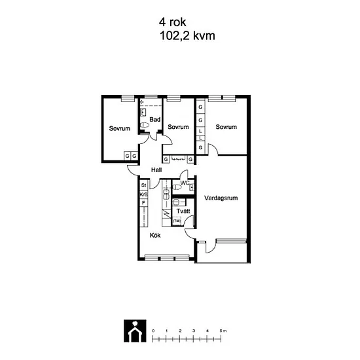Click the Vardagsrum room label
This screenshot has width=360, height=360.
coord(221,198)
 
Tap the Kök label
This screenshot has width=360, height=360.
coord(155,236)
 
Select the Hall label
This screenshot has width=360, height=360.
coord(156,170)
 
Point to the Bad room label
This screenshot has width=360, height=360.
coord(154,119)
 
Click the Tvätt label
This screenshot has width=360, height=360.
coord(183,211)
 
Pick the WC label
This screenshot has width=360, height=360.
coord(185,183)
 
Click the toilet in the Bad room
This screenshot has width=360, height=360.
coord(145,126)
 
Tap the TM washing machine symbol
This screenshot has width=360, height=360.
coord(177,221)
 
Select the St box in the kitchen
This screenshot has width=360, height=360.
coord(144,185)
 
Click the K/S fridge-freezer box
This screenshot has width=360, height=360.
coord(144,194)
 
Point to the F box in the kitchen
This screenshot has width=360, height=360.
coord(144,203)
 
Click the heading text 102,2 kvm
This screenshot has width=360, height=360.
coord(187,36)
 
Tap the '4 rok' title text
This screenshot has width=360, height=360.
coord(172,22)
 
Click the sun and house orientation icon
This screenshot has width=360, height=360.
coord(135,331)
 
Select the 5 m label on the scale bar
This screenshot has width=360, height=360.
coord(223,331)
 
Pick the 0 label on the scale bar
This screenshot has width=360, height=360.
coord(153,331)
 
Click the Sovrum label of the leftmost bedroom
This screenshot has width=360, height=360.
coord(120,128)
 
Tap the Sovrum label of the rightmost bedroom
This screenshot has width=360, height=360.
coord(226,127)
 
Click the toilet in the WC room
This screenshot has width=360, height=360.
coord(177,187)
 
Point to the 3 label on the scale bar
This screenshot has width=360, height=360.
coord(194,331)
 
